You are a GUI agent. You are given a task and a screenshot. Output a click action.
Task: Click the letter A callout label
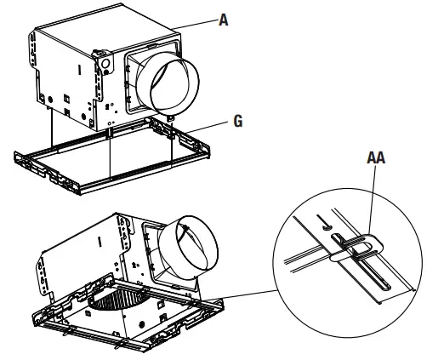(x=224, y=20)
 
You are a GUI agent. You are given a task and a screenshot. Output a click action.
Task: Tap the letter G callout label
(x=239, y=122)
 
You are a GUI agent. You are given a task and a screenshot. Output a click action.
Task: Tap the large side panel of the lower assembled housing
(x=85, y=255)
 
